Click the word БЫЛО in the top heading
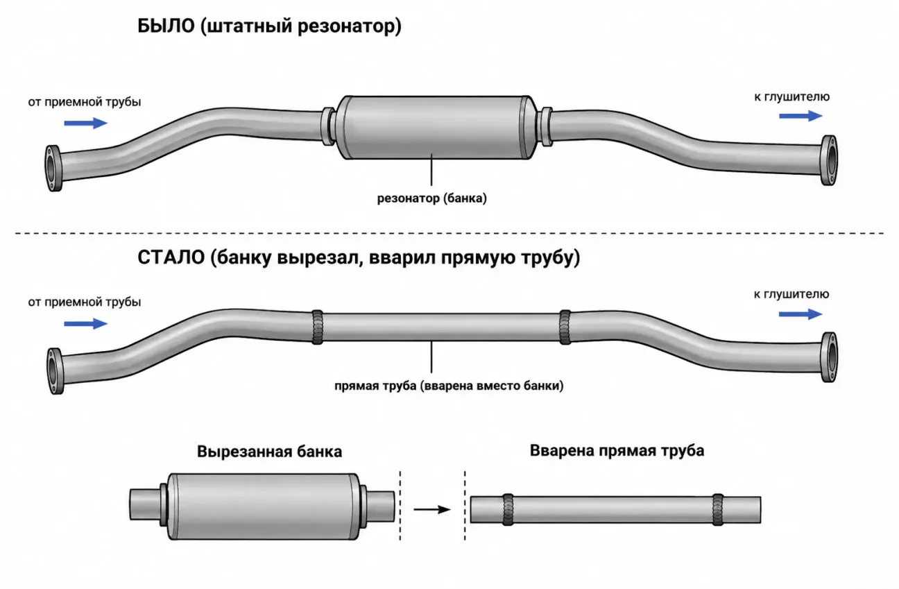166,26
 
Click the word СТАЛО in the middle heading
171,257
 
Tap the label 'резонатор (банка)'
432,198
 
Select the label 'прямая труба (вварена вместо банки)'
449,386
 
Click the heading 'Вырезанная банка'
269,452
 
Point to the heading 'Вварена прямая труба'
617,451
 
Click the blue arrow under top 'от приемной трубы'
86,123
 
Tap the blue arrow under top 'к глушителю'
800,116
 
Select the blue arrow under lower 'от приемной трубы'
86,323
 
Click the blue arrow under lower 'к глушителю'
800,314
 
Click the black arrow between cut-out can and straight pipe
432,509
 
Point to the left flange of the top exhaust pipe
53,168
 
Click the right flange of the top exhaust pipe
829,160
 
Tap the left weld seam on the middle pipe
318,327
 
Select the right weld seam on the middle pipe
565,327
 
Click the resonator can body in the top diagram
436,127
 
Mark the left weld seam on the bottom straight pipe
508,509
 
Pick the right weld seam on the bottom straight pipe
718,509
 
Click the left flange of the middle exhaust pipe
55,371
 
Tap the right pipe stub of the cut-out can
380,506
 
